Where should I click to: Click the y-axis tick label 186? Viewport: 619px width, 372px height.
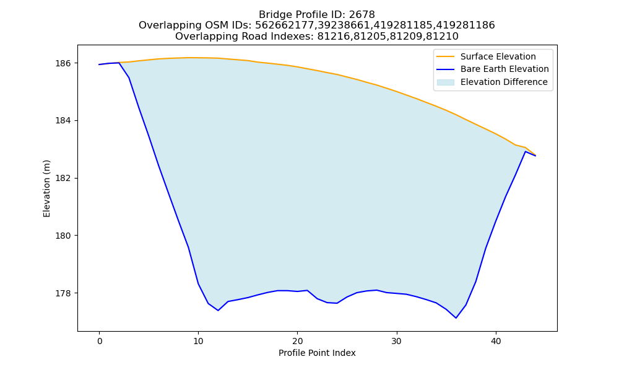click(x=63, y=63)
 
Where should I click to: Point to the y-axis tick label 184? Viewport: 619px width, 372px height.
click(x=63, y=120)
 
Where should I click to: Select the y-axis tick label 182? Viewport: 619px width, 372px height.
click(x=63, y=179)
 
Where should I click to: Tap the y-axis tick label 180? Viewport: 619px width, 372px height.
click(x=63, y=236)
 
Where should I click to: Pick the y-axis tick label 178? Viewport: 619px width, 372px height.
click(x=63, y=293)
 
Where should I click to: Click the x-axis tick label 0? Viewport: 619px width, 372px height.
click(x=100, y=341)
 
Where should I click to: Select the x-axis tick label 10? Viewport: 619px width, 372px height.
click(x=199, y=341)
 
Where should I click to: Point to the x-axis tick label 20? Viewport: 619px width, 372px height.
click(x=298, y=341)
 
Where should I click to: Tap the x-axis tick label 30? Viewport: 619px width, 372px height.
click(x=397, y=341)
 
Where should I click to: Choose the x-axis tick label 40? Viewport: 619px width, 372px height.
click(x=496, y=341)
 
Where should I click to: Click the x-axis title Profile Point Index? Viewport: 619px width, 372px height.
click(x=317, y=353)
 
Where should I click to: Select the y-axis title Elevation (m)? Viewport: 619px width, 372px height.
click(x=46, y=188)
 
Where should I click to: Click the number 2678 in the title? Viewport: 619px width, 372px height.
click(x=362, y=15)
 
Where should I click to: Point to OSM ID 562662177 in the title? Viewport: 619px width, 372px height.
click(x=280, y=25)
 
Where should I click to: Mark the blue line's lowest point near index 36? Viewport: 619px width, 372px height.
click(x=456, y=318)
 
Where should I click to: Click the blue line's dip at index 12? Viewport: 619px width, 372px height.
click(x=218, y=311)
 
